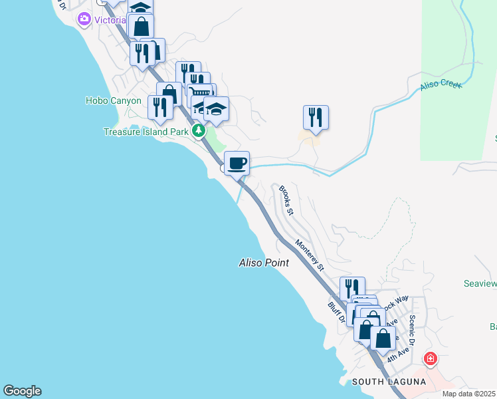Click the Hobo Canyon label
(x=114, y=101)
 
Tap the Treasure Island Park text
(x=146, y=132)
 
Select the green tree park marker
(x=199, y=131)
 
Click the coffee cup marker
(x=237, y=163)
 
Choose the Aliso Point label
(x=264, y=263)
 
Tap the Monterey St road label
(x=310, y=255)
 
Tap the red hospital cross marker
(x=431, y=359)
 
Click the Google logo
(x=22, y=391)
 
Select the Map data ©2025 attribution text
(x=469, y=394)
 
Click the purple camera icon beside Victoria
(x=84, y=19)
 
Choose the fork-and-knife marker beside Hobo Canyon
(x=160, y=106)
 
